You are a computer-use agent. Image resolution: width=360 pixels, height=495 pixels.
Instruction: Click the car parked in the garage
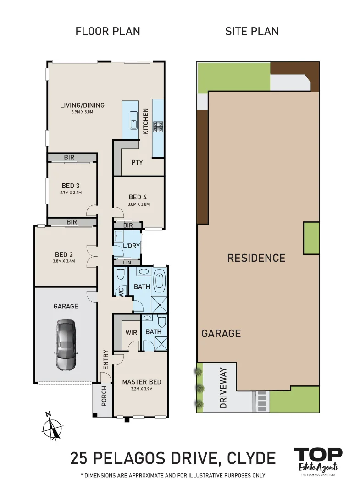[65, 345]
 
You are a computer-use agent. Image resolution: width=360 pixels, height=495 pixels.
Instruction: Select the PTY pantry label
[137, 162]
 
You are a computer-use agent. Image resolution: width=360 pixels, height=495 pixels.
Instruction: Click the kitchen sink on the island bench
[133, 121]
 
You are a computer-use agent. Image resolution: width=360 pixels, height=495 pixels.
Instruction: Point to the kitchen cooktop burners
[158, 126]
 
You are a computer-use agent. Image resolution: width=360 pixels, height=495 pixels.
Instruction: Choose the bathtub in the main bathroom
[160, 281]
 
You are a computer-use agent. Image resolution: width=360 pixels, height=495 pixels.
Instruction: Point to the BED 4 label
[138, 198]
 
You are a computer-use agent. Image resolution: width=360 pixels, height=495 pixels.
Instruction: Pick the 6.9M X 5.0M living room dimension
[82, 112]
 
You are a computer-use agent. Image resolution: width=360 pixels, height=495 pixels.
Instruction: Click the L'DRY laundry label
[131, 246]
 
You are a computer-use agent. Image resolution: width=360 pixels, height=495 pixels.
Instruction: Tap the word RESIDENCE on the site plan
[256, 258]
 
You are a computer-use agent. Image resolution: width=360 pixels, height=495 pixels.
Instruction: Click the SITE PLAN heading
[252, 32]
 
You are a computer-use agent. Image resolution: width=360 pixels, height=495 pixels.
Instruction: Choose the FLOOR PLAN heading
[108, 32]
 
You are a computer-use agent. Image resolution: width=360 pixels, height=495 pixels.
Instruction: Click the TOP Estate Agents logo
[318, 460]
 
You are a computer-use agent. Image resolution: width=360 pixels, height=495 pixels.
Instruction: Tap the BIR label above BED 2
[72, 222]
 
